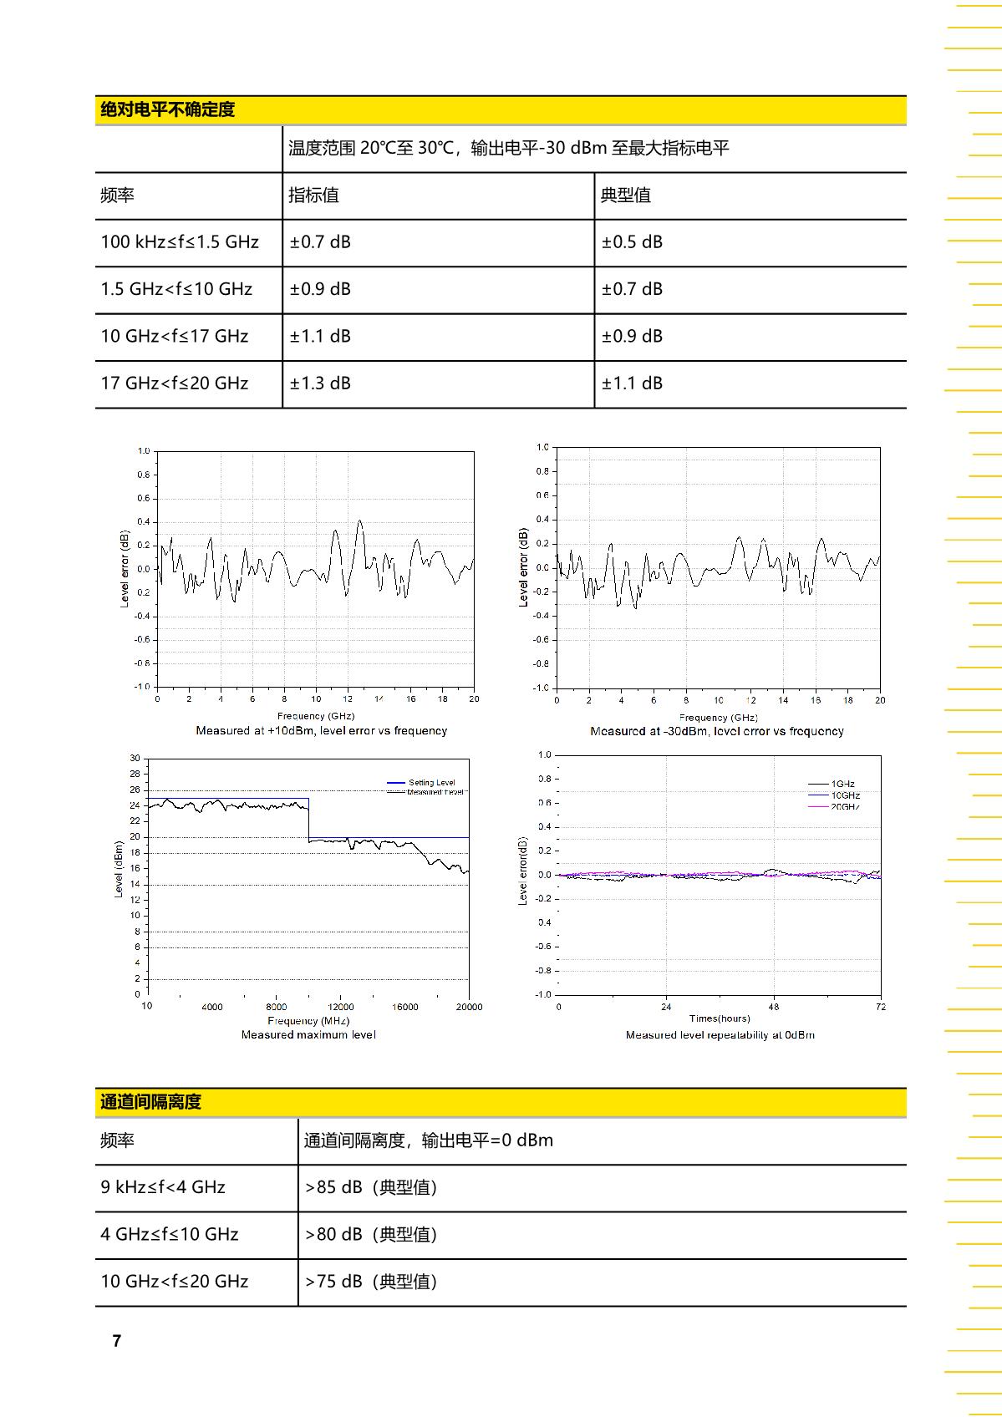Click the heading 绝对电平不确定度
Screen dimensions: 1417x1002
[167, 109]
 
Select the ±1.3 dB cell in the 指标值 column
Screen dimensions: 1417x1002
[320, 383]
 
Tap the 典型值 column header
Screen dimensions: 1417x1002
[625, 196]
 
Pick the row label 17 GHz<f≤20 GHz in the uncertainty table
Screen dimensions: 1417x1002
[175, 383]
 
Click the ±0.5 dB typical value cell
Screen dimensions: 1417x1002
[632, 242]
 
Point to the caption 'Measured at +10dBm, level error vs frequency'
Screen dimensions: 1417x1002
[321, 731]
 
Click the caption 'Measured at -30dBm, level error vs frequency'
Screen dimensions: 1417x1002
[717, 732]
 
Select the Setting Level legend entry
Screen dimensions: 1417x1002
[431, 783]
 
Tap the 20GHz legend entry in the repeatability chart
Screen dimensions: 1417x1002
[844, 807]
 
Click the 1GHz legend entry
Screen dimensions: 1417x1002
[842, 784]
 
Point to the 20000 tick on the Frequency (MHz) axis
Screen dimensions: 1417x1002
[469, 1007]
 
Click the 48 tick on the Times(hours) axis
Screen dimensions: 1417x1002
[774, 1007]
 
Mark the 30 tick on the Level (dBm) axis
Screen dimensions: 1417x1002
[135, 759]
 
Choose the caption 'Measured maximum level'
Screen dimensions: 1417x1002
[308, 1035]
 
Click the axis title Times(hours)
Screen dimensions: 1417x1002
[720, 1018]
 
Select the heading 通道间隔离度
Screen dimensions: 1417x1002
[150, 1102]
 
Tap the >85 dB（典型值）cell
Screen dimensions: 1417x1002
[371, 1187]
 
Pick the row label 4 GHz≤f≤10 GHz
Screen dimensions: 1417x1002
[170, 1235]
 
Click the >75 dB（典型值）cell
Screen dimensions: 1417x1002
[371, 1282]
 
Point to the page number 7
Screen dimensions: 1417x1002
[117, 1341]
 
